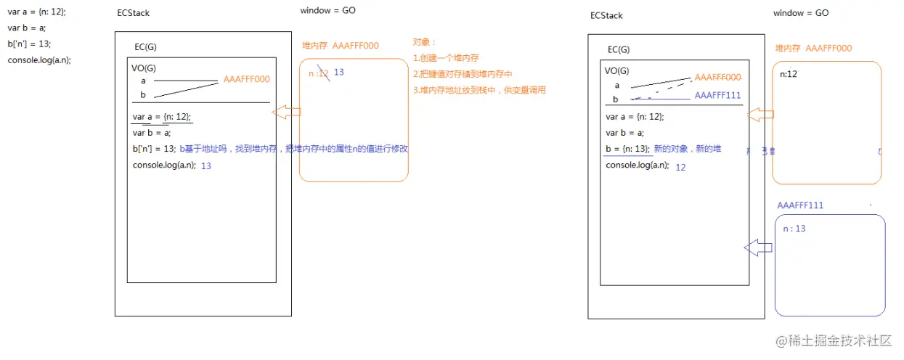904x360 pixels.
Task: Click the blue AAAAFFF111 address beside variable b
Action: tap(717, 95)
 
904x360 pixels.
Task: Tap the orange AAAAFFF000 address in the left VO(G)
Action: tap(247, 79)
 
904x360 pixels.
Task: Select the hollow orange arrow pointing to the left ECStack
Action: tap(286, 112)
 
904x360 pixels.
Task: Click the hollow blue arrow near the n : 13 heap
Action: tap(758, 247)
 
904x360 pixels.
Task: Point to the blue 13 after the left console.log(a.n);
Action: tap(206, 165)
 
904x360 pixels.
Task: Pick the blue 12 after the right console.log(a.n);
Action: tap(680, 167)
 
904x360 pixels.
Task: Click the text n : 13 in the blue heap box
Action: tap(794, 229)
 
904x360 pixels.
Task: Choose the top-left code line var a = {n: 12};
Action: tap(36, 12)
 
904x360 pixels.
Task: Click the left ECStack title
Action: tap(134, 14)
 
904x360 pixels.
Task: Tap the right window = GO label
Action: tap(801, 13)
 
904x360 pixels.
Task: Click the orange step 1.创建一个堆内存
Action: tap(446, 58)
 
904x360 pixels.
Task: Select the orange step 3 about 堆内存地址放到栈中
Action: tap(479, 90)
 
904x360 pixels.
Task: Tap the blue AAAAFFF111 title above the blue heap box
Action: tap(800, 205)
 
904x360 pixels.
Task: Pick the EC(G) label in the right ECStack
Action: tap(619, 49)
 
